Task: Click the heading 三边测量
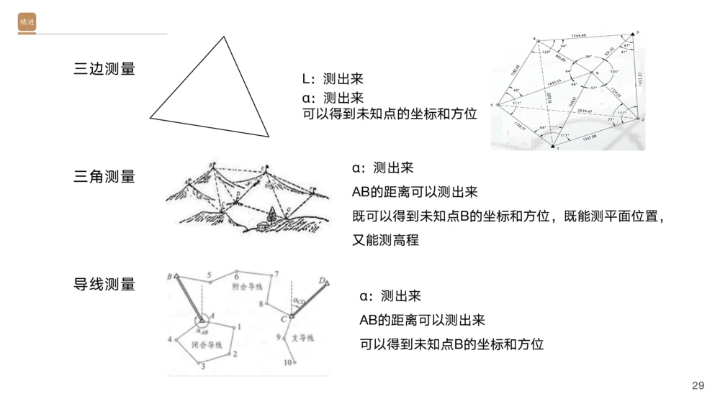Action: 104,70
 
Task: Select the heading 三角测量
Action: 104,177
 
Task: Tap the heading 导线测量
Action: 104,284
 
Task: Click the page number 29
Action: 698,386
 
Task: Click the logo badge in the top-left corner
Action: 27,23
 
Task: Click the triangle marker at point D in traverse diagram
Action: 326,283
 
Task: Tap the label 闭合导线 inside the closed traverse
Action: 207,346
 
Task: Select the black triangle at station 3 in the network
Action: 632,33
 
